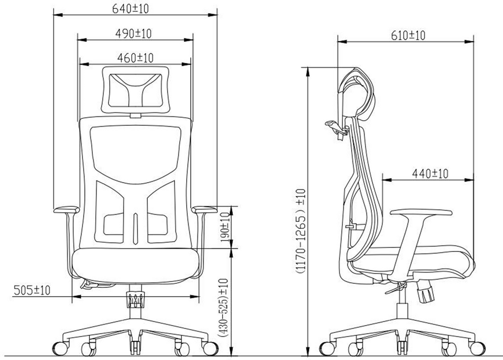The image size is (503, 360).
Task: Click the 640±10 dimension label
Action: pos(131,9)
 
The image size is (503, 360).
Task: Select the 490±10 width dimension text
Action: pos(134,33)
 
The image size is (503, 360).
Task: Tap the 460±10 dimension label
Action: pos(136,58)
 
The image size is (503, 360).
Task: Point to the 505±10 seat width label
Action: pos(32,290)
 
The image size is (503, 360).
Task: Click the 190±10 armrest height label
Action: pos(225,227)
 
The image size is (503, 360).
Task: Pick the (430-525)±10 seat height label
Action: pos(224,307)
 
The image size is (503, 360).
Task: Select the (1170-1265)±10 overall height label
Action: pos(301,231)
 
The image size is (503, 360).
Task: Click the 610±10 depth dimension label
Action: pos(408,35)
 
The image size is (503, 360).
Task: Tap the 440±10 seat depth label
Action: pos(430,173)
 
